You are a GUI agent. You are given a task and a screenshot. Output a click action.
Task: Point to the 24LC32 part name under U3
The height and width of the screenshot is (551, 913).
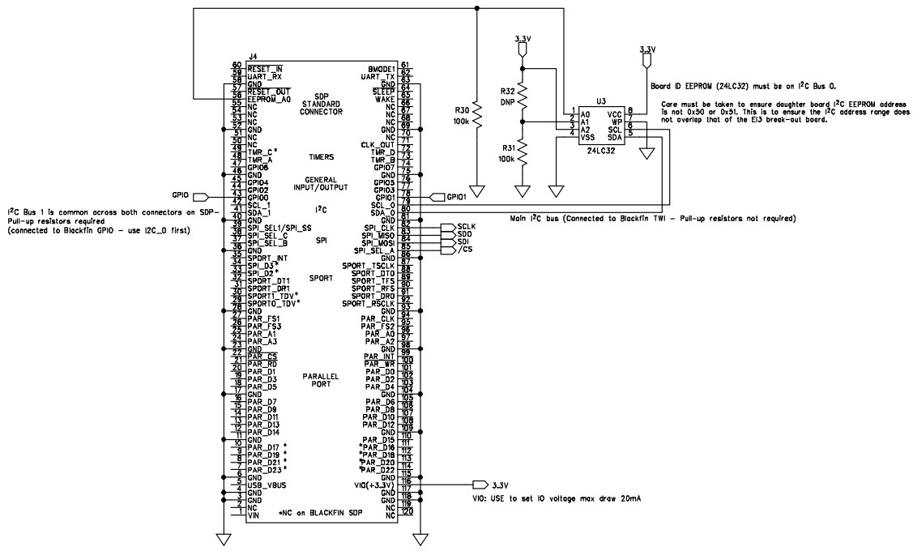[x=600, y=151]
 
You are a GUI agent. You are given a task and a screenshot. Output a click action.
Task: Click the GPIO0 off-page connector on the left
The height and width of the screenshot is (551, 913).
[x=201, y=196]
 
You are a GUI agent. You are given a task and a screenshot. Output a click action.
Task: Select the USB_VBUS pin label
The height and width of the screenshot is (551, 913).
[x=269, y=485]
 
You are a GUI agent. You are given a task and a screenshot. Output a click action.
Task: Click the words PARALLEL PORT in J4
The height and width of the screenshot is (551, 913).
[x=322, y=380]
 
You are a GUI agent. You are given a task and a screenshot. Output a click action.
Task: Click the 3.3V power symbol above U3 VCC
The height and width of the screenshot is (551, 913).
[x=646, y=57]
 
